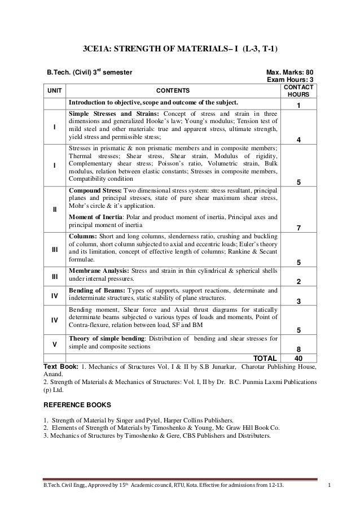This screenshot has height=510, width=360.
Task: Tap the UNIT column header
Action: tap(54, 91)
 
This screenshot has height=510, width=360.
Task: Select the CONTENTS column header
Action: tap(172, 91)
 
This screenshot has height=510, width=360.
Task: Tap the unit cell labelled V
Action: tap(54, 342)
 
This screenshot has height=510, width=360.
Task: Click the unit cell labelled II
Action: tap(54, 210)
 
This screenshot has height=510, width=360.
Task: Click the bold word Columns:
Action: tap(83, 236)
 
